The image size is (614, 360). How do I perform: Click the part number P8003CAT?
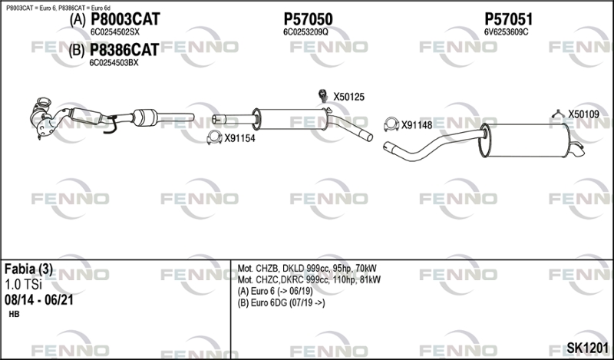pyautogui.click(x=125, y=19)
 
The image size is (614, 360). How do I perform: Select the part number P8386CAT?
pyautogui.click(x=124, y=50)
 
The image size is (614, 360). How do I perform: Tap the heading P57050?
pyautogui.click(x=309, y=19)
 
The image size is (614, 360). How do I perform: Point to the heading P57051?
pyautogui.click(x=509, y=19)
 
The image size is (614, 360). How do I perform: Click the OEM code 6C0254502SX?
pyautogui.click(x=114, y=32)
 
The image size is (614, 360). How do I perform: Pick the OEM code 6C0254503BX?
pyautogui.click(x=114, y=63)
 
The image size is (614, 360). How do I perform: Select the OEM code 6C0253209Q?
pyautogui.click(x=305, y=32)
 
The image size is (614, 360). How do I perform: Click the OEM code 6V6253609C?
pyautogui.click(x=507, y=32)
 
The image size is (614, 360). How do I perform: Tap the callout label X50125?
pyautogui.click(x=348, y=97)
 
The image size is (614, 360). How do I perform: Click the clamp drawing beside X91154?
pyautogui.click(x=214, y=137)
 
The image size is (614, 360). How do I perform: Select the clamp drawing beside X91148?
pyautogui.click(x=391, y=124)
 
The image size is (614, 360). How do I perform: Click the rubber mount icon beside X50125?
pyautogui.click(x=323, y=96)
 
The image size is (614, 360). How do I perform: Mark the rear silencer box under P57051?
pyautogui.click(x=526, y=140)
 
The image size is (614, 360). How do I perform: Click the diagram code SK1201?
pyautogui.click(x=587, y=348)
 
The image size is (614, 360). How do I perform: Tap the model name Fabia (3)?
pyautogui.click(x=28, y=269)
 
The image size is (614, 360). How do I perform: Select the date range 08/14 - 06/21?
pyautogui.click(x=39, y=300)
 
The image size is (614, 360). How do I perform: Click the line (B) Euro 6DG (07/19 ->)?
pyautogui.click(x=281, y=303)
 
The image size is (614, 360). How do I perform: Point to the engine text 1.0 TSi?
pyautogui.click(x=23, y=285)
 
